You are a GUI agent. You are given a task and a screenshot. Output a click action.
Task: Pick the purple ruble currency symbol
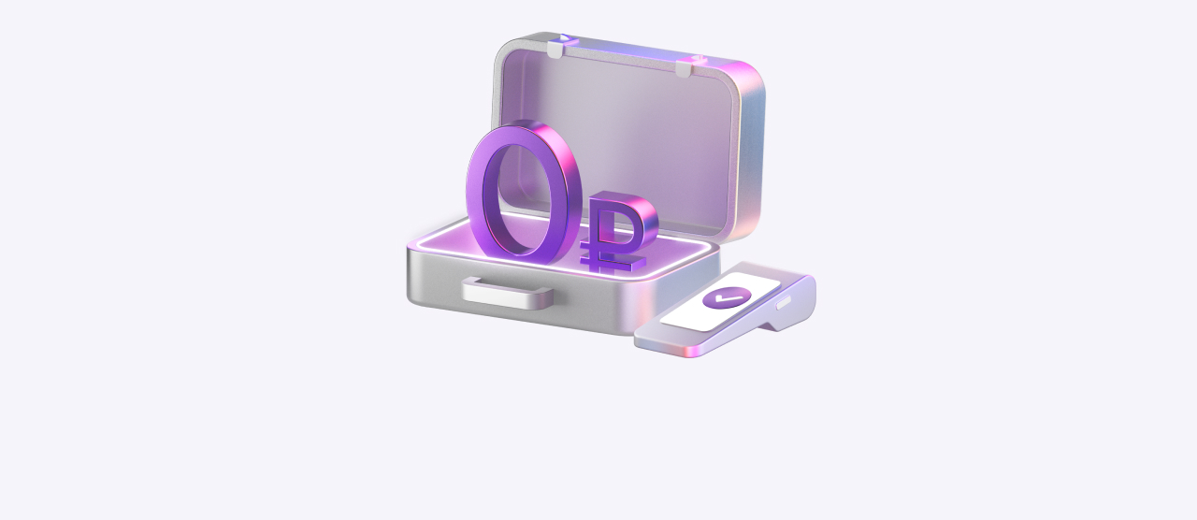619,231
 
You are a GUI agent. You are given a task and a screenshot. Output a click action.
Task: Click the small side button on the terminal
785,303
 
